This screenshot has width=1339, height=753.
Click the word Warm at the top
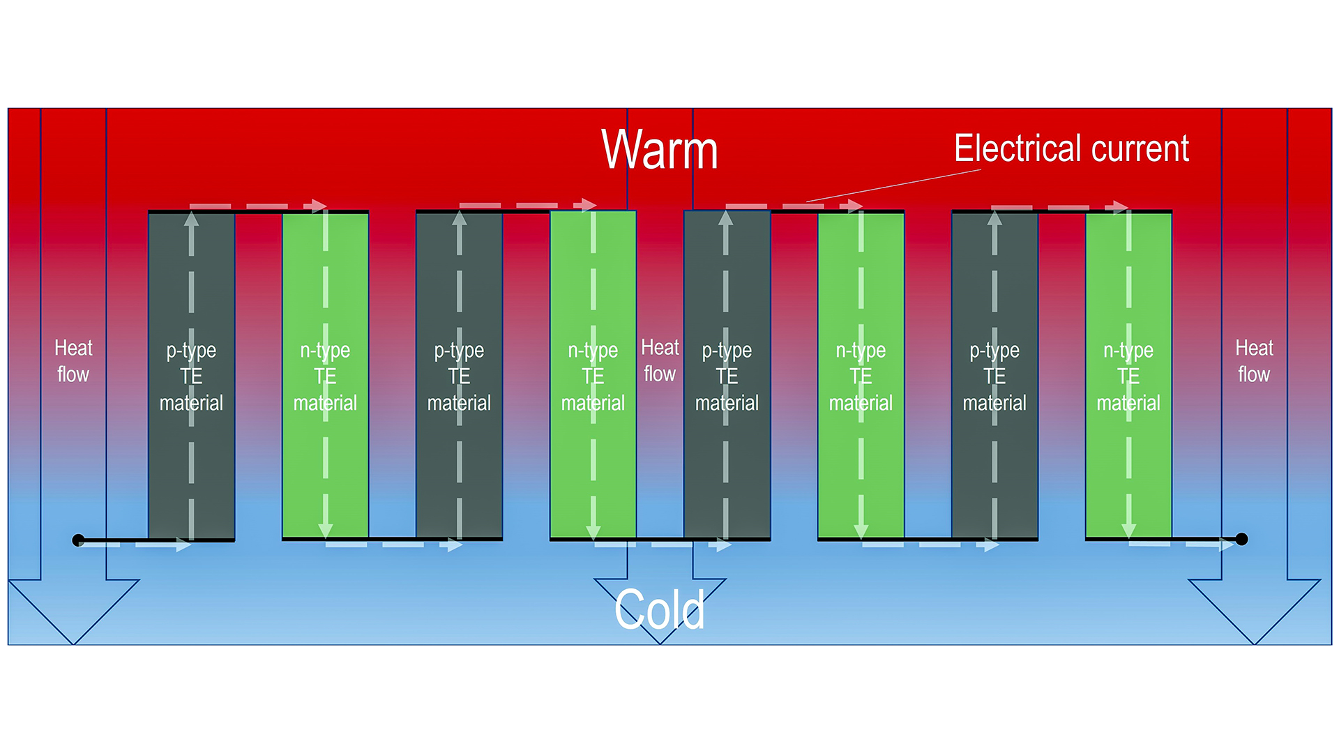coord(659,149)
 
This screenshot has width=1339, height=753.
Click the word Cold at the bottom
coord(659,609)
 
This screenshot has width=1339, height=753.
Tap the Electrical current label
coord(1071,149)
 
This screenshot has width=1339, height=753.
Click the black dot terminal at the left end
coord(78,540)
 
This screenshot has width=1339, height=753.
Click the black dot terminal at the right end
coord(1241,539)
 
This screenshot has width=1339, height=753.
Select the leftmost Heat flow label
coord(73,361)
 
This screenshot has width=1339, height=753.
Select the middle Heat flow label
coord(660,360)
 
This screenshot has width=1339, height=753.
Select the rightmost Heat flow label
coord(1254,361)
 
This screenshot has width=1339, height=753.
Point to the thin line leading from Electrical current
coord(893,186)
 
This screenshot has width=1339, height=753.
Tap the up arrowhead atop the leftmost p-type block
coord(191,219)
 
